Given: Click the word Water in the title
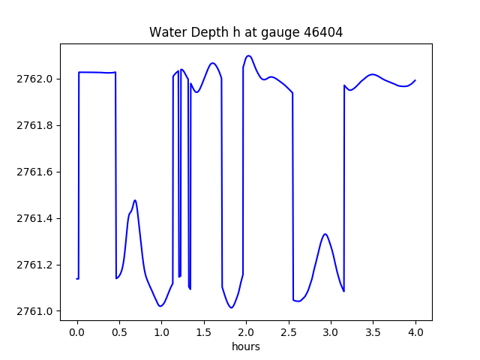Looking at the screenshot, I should (x=166, y=32).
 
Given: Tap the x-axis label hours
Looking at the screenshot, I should (x=246, y=347).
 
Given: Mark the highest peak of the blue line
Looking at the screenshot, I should (x=249, y=55).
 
